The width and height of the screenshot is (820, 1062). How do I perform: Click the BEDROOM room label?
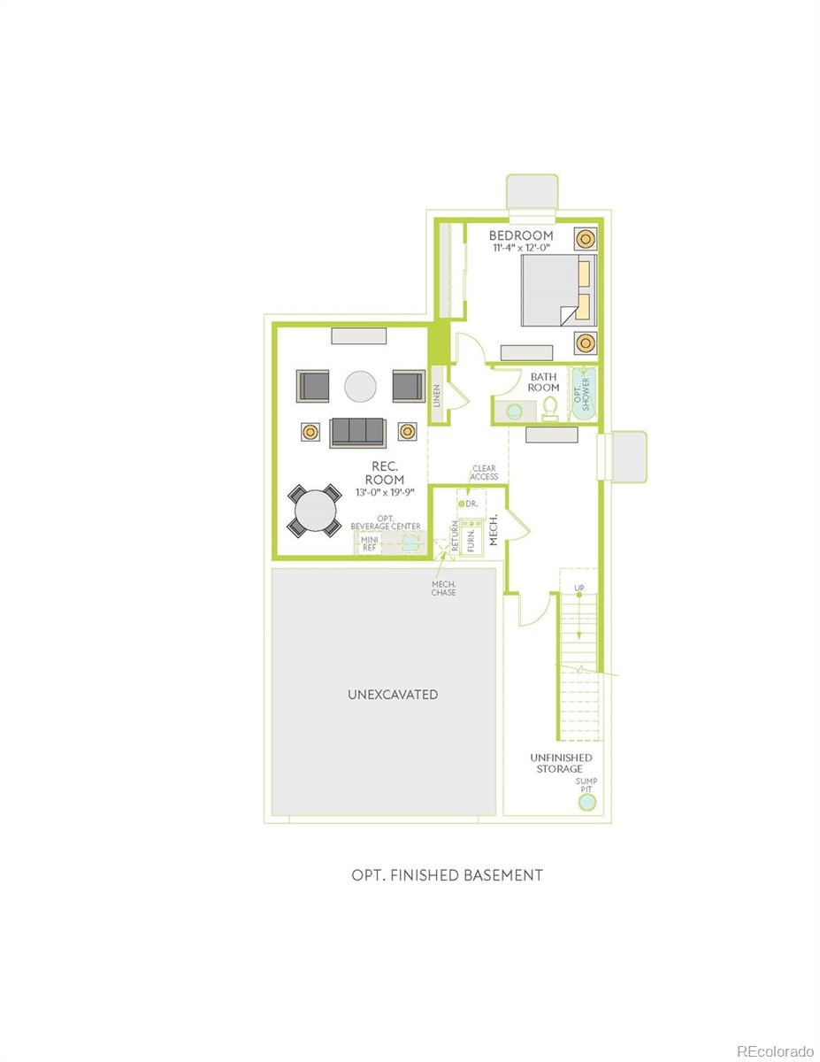pos(522,235)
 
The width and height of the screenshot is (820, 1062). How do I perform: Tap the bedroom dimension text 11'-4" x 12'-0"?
pos(522,249)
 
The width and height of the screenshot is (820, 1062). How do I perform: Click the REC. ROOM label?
pos(385,473)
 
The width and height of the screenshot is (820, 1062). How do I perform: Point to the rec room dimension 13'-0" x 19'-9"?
pos(385,493)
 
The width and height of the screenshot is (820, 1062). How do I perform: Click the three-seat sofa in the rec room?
pos(359,432)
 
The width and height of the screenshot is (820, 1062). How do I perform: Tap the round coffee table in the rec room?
pos(360,386)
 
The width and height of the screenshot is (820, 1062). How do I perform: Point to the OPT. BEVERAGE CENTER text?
pos(385,522)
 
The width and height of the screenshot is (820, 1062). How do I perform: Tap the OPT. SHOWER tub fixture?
pos(581,394)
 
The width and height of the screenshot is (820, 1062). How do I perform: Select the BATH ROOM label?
pos(544,381)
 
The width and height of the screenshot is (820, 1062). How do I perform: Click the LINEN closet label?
pos(437,396)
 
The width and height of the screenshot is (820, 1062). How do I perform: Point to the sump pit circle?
pos(586,803)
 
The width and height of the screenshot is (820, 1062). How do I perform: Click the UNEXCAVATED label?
pos(393,695)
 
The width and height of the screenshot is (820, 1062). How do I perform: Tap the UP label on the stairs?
pos(579,588)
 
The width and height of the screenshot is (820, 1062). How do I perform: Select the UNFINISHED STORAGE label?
pos(561,763)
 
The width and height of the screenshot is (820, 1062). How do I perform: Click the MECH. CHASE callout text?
pos(444,588)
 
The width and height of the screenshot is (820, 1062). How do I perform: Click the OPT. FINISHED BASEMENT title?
pos(447,875)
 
